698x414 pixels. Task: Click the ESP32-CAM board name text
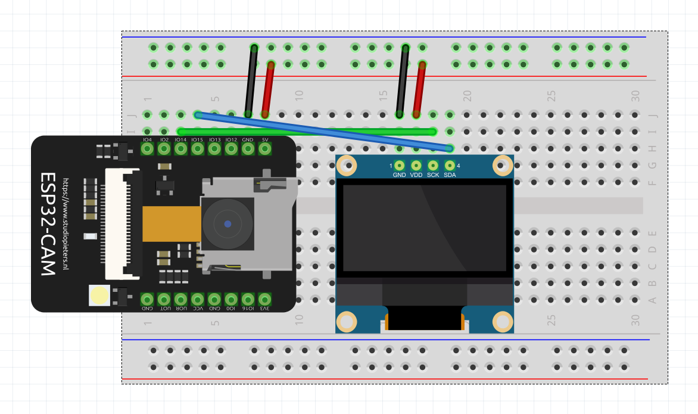coord(47,224)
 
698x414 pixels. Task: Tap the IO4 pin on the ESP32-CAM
coord(147,149)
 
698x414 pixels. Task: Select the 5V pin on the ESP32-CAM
coord(264,149)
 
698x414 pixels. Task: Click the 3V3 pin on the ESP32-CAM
coord(264,299)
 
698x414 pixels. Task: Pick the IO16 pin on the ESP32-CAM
coord(248,299)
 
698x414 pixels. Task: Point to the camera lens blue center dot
coord(228,224)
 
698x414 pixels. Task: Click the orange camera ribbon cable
coord(172,224)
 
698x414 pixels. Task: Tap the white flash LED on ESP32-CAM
coord(99,295)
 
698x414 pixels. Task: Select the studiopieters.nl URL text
coord(66,224)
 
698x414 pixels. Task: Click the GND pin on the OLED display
coord(399,166)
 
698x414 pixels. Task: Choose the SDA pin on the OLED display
coord(450,166)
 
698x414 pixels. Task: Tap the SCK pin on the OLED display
coord(433,166)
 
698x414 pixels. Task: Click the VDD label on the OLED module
coord(416,175)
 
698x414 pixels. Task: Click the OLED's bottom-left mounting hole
coord(347,322)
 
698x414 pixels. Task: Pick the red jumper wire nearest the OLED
coord(419,89)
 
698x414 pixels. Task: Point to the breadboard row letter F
coord(653,182)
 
